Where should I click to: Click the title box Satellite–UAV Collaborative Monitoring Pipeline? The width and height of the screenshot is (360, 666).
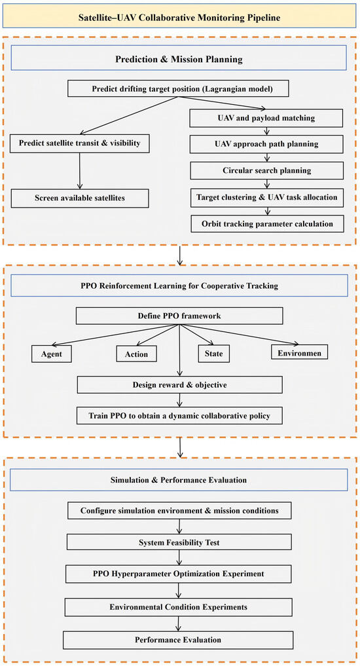179,16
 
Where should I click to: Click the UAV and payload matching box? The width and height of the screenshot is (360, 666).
266,119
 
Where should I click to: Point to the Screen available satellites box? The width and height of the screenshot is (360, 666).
80,198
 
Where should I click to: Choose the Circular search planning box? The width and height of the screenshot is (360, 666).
266,171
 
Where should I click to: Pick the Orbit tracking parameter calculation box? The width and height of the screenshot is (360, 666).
267,223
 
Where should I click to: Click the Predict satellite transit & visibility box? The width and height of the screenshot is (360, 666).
79,143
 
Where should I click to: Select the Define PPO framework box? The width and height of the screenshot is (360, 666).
179,316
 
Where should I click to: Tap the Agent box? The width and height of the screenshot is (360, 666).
51,354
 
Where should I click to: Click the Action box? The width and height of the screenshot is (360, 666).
136,354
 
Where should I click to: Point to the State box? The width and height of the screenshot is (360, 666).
213,354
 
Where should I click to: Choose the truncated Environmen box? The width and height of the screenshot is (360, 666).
299,353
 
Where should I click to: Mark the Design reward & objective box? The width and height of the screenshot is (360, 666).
179,385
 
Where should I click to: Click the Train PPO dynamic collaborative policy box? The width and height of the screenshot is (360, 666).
179,415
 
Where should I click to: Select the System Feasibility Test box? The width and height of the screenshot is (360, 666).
179,542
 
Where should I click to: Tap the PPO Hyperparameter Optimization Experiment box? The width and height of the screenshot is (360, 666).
178,574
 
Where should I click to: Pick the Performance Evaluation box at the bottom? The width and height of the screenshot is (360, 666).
178,640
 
